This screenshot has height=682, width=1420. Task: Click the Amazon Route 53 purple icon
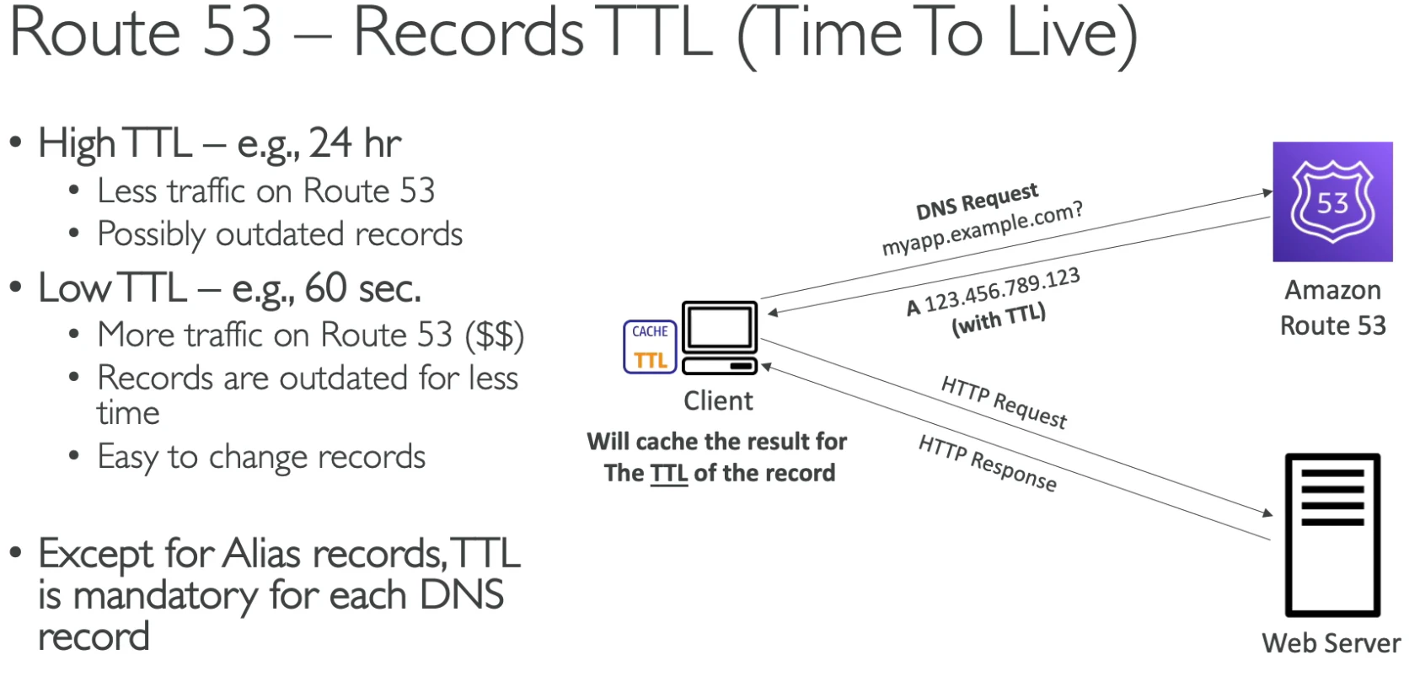[1332, 201]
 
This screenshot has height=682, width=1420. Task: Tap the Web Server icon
[1332, 534]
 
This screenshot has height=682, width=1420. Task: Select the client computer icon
[720, 338]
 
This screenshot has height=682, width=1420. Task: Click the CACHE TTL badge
[650, 347]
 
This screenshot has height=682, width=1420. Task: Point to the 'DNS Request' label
[977, 201]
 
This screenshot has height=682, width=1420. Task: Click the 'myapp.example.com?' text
[983, 228]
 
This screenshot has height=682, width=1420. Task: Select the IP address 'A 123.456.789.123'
[993, 291]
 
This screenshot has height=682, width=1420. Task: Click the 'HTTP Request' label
[1005, 402]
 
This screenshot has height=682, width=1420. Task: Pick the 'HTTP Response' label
[988, 463]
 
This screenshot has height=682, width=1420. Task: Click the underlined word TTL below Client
[669, 473]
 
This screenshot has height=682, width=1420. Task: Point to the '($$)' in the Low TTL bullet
[495, 335]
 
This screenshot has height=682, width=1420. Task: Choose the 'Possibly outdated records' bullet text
[280, 234]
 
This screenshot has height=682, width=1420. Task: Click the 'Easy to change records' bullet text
[261, 457]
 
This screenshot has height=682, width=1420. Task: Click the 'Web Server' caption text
[1332, 643]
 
